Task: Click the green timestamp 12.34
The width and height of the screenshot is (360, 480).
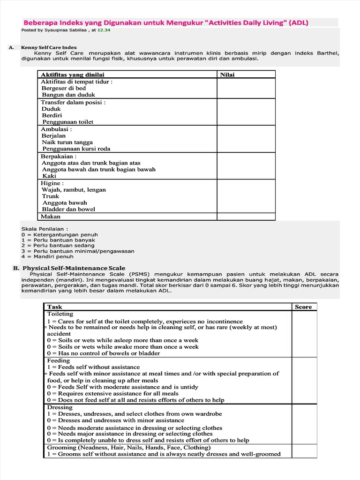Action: (104, 30)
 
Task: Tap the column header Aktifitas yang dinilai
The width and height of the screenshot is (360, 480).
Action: (73, 75)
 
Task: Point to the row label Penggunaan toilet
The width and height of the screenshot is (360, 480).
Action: (67, 122)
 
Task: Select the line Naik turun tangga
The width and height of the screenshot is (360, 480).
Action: (67, 142)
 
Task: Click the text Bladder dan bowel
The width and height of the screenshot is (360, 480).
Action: (68, 209)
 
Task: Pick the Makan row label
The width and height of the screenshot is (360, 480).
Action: (51, 217)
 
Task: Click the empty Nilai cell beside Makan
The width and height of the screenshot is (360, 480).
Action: (246, 217)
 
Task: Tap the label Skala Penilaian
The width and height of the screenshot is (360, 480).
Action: (41, 228)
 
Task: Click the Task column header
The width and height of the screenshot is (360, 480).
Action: (54, 307)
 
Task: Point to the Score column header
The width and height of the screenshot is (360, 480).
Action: (303, 307)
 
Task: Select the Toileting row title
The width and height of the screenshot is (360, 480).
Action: (60, 314)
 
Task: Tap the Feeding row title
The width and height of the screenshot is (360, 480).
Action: (58, 360)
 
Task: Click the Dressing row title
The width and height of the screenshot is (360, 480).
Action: (60, 407)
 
